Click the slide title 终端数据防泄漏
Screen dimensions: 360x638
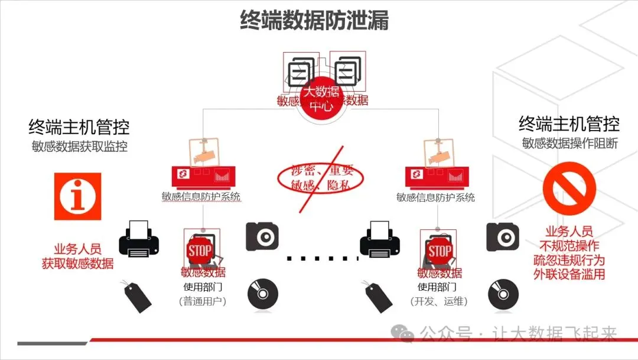314,20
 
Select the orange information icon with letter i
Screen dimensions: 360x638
77,196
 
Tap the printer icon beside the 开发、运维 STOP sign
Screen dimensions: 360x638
380,239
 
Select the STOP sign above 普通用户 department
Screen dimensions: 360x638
200,250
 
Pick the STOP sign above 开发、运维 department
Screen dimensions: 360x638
440,251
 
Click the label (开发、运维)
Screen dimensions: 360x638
439,301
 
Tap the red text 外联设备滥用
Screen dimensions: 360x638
569,274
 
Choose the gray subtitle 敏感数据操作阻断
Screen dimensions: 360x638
569,143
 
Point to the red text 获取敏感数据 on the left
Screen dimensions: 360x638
77,264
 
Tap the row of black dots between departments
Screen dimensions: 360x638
319,258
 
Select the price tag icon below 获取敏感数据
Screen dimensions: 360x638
136,295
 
